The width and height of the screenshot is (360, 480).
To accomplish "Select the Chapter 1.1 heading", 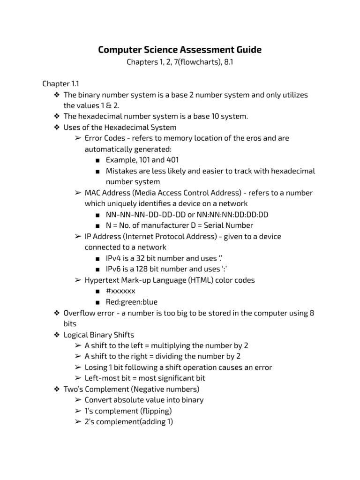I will coord(60,84).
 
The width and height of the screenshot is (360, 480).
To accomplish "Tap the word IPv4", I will coord(114,258).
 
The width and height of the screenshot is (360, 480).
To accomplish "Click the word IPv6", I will coord(114,269).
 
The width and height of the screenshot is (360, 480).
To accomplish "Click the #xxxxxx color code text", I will coord(120,291).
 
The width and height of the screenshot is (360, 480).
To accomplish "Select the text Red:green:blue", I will coord(131,301).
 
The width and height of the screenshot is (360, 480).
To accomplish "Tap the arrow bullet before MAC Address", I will coord(77,193).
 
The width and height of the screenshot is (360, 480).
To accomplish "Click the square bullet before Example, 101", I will coord(97,160).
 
